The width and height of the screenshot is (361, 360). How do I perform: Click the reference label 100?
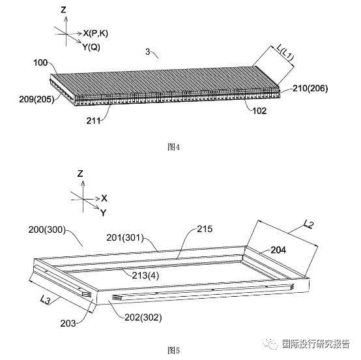[40, 63]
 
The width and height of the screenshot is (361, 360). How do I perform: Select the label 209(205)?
[36, 99]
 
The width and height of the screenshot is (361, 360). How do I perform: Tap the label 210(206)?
[310, 88]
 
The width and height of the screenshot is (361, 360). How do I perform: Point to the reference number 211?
[93, 121]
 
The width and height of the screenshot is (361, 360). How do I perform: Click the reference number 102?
[259, 111]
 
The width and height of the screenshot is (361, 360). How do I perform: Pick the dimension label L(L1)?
[285, 53]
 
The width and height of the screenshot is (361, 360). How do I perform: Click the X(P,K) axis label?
[95, 33]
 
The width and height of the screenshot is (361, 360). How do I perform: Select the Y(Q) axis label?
[91, 47]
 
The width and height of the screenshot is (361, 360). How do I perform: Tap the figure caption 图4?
[173, 147]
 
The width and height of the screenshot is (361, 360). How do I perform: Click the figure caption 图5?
[173, 351]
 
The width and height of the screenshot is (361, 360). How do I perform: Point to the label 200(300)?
[47, 230]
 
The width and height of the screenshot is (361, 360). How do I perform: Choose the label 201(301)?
[125, 237]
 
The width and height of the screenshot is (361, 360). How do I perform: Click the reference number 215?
[205, 229]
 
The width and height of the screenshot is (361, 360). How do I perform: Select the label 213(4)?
[145, 275]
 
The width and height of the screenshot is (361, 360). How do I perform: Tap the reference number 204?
[278, 250]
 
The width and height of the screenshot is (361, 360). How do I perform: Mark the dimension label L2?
[308, 224]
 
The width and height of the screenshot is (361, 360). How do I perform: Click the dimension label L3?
[45, 300]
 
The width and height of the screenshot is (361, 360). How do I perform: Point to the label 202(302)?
[143, 318]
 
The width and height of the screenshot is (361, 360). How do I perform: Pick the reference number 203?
[68, 323]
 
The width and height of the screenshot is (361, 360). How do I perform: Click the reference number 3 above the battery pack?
[147, 52]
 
